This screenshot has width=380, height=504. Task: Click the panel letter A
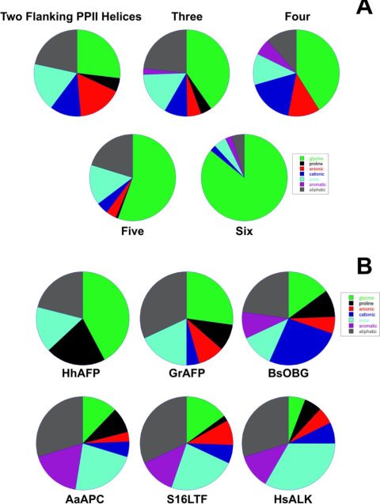363,9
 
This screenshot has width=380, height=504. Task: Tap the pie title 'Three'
187,13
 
